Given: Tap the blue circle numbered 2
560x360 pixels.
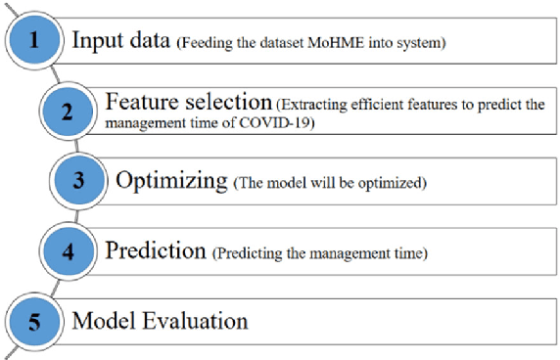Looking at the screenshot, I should [68, 111].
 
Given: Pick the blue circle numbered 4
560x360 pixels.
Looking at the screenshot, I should [68, 251].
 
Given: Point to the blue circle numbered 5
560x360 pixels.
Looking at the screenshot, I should [34, 320].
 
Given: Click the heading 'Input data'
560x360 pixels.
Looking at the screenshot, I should [121, 42].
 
